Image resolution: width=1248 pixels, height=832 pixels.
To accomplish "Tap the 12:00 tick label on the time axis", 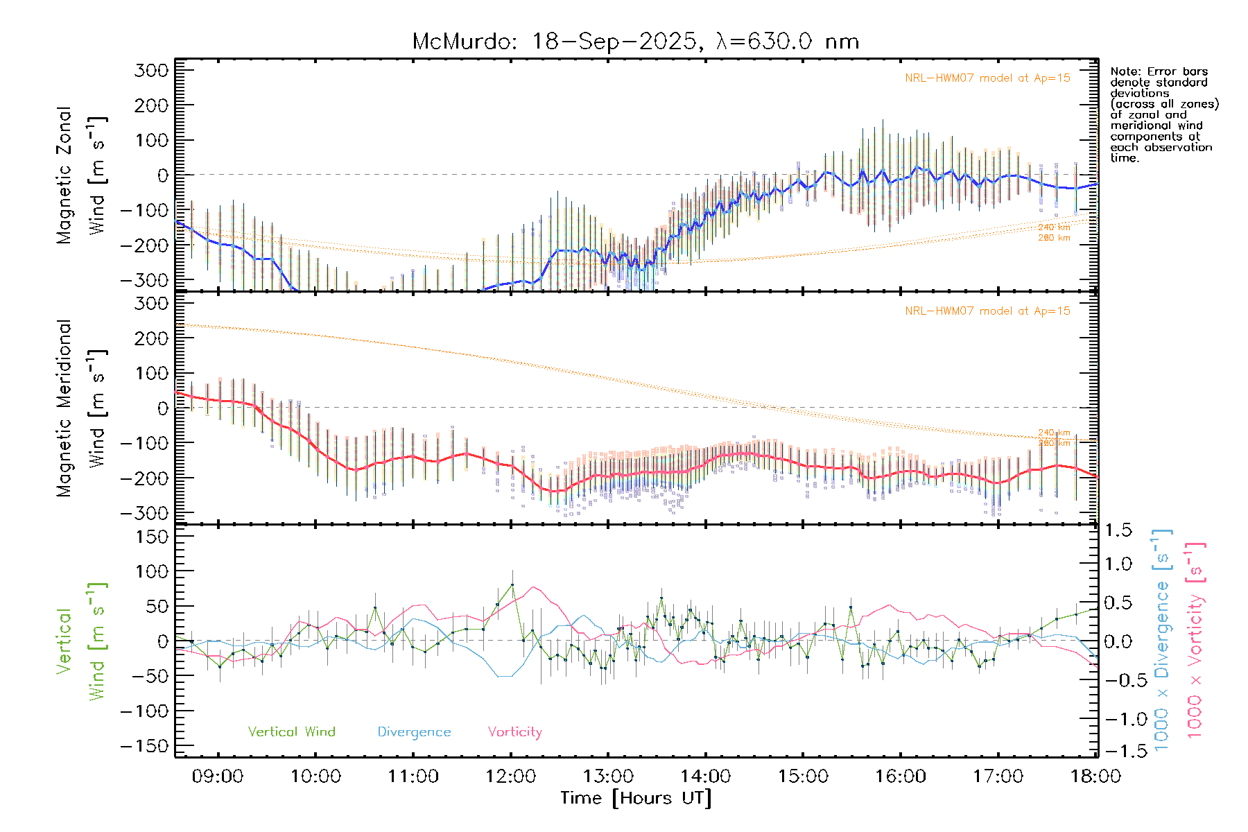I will click(510, 777).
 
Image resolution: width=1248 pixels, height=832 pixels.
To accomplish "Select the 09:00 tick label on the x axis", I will click(218, 777).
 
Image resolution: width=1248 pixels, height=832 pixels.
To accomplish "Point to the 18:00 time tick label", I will click(1095, 777).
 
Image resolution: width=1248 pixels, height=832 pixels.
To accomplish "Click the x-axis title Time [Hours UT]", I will click(636, 798).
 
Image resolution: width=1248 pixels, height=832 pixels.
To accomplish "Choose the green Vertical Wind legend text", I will click(291, 732).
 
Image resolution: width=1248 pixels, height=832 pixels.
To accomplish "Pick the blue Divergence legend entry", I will click(414, 732).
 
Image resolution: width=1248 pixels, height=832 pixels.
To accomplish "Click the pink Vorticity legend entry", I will click(514, 732).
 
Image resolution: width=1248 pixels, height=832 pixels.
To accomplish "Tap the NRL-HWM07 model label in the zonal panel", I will click(987, 78).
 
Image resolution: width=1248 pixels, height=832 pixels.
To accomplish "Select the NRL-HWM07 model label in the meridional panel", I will click(987, 311).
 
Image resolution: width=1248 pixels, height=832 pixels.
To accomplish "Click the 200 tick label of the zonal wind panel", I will click(152, 105).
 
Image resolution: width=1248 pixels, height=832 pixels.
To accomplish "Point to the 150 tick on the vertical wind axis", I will click(152, 537).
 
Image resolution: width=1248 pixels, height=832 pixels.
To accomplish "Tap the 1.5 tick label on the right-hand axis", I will click(1118, 530).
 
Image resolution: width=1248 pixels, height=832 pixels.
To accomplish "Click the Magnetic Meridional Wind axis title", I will click(81, 408).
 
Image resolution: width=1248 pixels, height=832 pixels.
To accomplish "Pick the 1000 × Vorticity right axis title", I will click(1195, 639).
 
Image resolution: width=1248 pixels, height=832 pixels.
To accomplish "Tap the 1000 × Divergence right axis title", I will click(1162, 639).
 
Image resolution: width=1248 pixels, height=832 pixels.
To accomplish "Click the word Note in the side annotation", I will click(1123, 71).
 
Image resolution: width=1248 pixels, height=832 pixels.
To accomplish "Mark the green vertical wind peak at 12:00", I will click(512, 584).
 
